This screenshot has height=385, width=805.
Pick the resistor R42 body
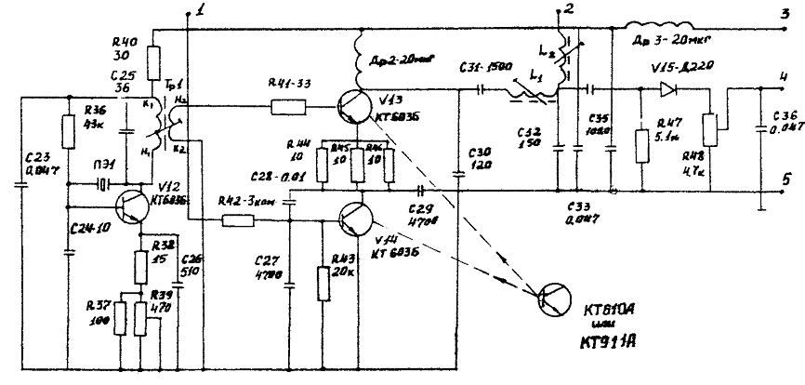(x=240, y=221)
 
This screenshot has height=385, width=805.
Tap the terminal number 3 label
(x=784, y=27)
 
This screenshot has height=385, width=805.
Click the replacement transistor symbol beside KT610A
(x=556, y=298)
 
